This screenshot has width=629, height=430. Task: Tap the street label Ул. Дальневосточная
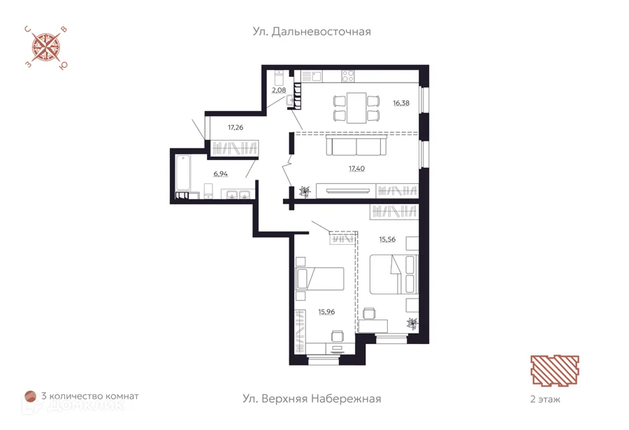click(x=312, y=31)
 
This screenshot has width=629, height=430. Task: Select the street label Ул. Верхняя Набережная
click(x=312, y=399)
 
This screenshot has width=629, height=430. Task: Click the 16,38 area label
click(x=401, y=103)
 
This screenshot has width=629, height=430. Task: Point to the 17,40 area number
click(x=356, y=169)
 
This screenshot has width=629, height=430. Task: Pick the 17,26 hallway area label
click(x=236, y=128)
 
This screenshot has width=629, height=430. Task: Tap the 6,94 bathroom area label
click(x=221, y=174)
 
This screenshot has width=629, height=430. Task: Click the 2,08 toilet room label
click(x=279, y=90)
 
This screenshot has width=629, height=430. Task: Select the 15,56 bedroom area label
click(x=387, y=239)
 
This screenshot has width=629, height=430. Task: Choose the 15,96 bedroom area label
click(x=326, y=312)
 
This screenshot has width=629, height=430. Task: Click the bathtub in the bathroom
click(x=183, y=173)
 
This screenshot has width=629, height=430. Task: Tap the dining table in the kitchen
click(x=356, y=108)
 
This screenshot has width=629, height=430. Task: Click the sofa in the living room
click(x=356, y=145)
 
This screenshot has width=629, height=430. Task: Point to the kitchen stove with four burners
click(x=347, y=76)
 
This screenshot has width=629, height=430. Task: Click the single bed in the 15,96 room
click(x=319, y=279)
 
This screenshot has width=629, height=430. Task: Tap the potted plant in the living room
click(x=305, y=192)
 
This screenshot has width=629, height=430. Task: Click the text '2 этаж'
click(x=545, y=399)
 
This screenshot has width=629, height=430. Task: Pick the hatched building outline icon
click(x=555, y=370)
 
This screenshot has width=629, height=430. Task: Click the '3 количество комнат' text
click(x=90, y=396)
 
